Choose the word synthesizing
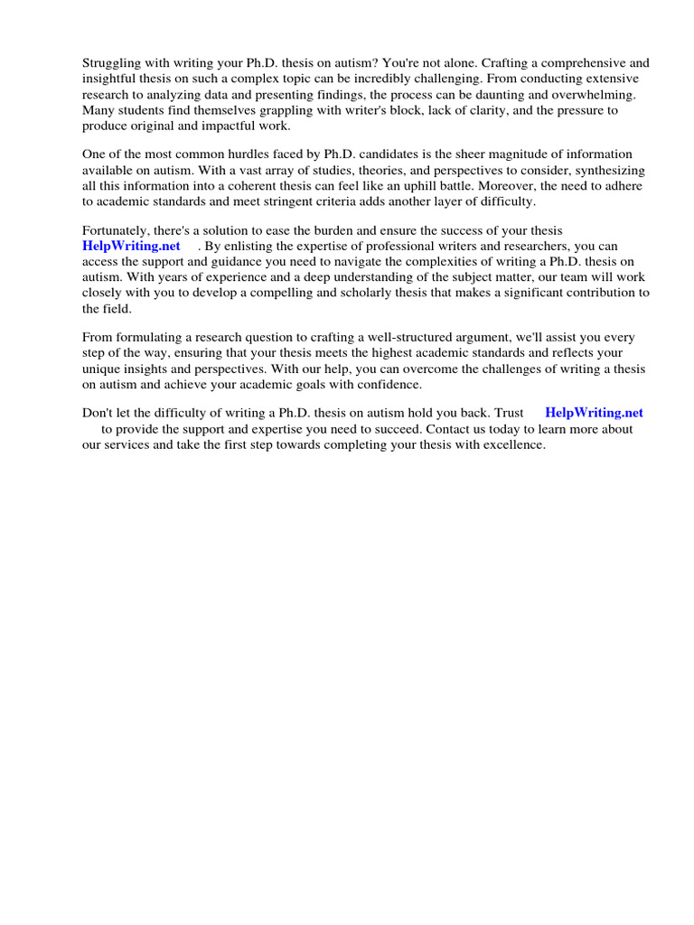(606, 170)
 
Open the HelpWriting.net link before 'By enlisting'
(131, 246)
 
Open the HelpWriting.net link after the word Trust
(594, 413)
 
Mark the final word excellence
(515, 444)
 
